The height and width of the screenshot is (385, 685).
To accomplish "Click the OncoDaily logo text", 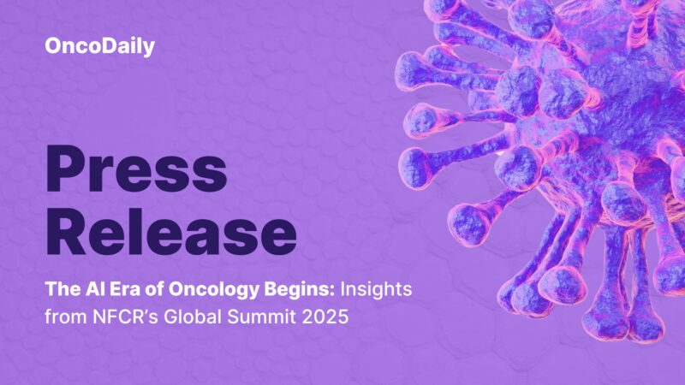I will [x=99, y=47].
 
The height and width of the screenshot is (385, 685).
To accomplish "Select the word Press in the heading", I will [x=136, y=169].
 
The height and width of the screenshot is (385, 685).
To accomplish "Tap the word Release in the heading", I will [x=170, y=231].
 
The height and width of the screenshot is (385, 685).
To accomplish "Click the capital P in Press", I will [x=65, y=169].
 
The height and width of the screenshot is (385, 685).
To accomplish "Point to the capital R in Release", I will [x=68, y=231].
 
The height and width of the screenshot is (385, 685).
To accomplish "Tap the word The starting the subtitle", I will [x=59, y=291].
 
